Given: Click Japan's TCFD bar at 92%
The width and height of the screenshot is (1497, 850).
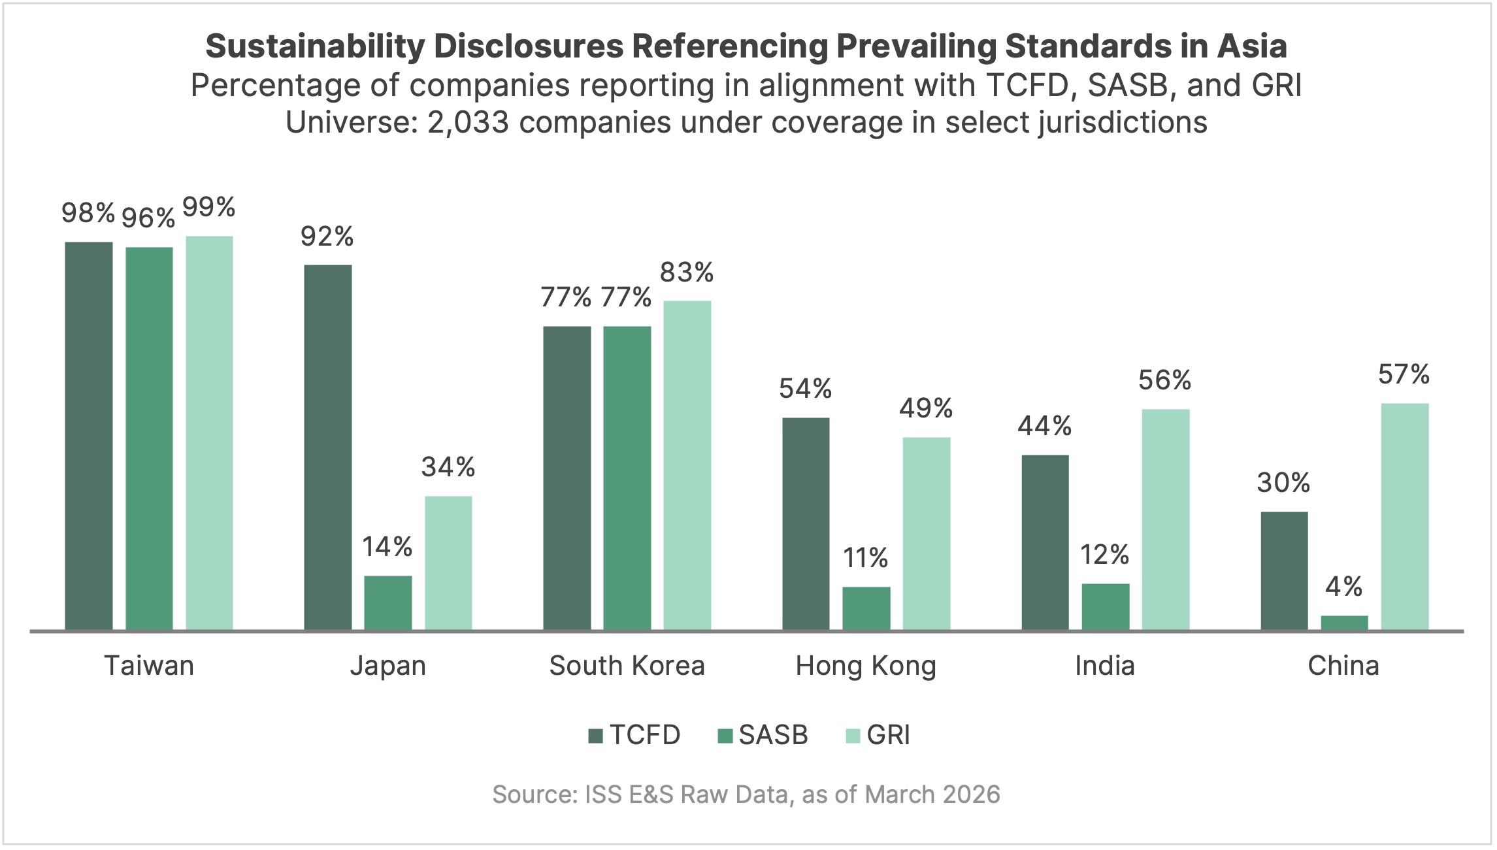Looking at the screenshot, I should (327, 447).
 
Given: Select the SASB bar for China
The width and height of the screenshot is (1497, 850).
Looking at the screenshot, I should (1344, 623).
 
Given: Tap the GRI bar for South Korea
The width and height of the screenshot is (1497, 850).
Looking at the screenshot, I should (687, 465).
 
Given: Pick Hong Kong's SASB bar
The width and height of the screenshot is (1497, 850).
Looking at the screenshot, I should (866, 608).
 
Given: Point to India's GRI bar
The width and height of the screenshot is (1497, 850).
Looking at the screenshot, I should (1165, 519).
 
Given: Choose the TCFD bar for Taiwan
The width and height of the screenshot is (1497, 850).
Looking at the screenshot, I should (89, 436).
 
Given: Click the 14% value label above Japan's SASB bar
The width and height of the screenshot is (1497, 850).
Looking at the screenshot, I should (387, 547).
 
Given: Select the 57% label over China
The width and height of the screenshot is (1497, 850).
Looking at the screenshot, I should (1404, 374).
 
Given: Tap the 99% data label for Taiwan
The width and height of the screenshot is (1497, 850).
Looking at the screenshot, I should (208, 208).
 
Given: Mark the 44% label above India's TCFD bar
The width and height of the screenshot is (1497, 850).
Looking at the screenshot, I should (1044, 426).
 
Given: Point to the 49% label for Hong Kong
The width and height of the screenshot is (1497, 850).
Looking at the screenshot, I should (925, 408).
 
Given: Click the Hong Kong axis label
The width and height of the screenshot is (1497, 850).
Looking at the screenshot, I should (866, 666).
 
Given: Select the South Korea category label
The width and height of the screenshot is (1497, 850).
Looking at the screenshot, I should (627, 666).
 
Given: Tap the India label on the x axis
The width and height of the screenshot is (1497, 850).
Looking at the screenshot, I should (1104, 666).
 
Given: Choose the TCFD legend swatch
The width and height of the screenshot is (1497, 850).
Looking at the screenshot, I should (595, 736).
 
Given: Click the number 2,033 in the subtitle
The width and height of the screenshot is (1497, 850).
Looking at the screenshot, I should (468, 122).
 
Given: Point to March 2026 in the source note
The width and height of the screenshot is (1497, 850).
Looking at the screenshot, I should (932, 794).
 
